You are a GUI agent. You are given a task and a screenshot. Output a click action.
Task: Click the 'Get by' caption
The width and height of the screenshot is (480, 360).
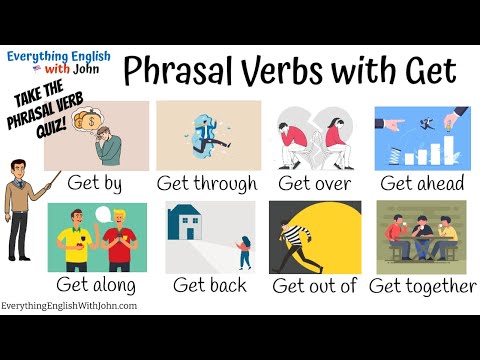(x=96, y=183)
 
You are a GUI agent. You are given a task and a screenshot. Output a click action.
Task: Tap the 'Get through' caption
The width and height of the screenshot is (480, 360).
(x=207, y=183)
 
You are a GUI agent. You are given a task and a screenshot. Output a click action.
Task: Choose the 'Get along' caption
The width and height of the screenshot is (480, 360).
(x=96, y=285)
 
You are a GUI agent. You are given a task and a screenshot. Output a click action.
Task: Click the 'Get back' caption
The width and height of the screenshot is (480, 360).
(x=209, y=285)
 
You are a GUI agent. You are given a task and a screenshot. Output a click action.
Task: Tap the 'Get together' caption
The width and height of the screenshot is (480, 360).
(x=423, y=285)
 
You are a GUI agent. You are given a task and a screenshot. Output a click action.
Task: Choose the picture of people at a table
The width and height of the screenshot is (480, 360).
(x=420, y=238)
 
